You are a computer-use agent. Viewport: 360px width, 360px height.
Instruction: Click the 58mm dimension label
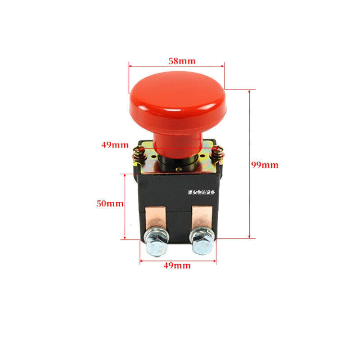182,61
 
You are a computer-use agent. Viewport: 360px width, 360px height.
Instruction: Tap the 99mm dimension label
265,165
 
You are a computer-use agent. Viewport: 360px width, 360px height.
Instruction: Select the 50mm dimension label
110,203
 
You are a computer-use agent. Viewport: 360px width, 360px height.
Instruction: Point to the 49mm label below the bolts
177,265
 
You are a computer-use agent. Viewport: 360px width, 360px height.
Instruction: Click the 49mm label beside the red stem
115,145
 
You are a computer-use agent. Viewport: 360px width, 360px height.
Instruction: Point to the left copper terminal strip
155,217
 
